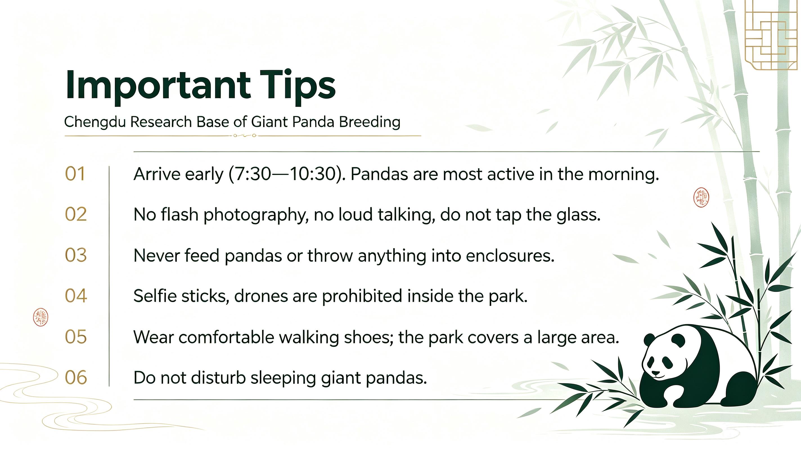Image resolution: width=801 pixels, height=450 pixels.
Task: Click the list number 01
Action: [75, 174]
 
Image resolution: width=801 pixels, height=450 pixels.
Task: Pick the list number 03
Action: [76, 255]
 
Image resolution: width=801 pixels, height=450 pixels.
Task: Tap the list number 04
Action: [76, 296]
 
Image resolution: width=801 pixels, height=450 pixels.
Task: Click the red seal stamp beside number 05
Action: [40, 317]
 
